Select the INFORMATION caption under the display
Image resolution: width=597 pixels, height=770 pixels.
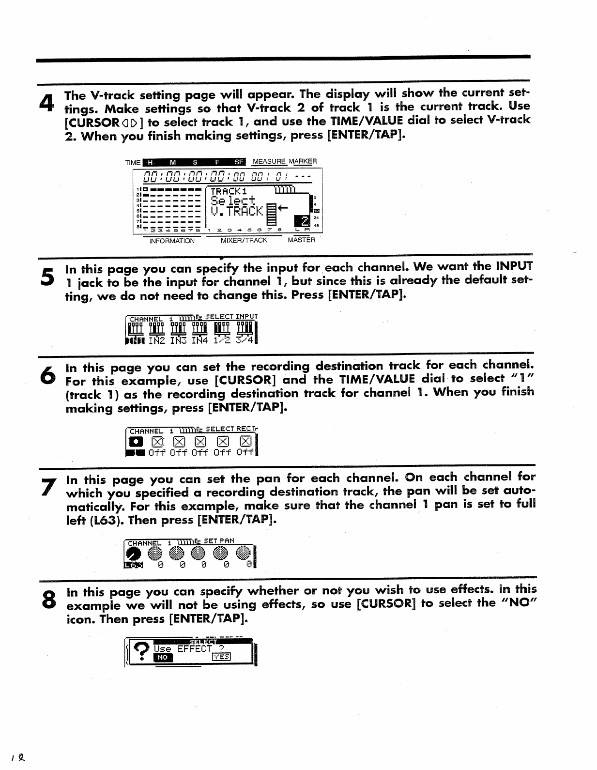172,241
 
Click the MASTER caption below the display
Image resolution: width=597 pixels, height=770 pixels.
301,240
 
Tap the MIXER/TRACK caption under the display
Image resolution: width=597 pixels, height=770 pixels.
244,240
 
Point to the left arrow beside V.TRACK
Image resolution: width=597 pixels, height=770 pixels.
282,208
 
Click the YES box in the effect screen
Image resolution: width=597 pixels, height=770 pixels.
221,657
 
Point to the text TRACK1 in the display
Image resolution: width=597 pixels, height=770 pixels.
229,191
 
